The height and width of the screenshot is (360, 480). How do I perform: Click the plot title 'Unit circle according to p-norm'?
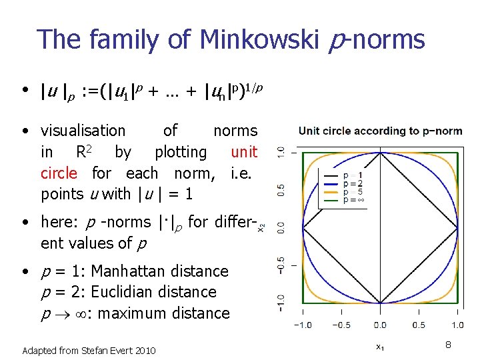pyautogui.click(x=380, y=131)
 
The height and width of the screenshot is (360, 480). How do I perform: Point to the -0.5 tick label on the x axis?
pyautogui.click(x=341, y=325)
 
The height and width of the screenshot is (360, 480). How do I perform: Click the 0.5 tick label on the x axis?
pyautogui.click(x=419, y=325)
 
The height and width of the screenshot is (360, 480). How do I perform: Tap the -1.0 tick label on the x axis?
pyautogui.click(x=302, y=325)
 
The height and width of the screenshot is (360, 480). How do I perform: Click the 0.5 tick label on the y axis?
pyautogui.click(x=281, y=191)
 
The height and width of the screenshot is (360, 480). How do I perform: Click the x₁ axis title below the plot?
pyautogui.click(x=379, y=346)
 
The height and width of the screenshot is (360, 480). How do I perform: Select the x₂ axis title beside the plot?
pyautogui.click(x=261, y=227)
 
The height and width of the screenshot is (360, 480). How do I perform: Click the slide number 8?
pyautogui.click(x=449, y=344)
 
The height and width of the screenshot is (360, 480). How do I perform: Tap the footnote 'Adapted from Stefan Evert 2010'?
pyautogui.click(x=89, y=350)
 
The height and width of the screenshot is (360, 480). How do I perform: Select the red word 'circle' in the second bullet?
pyautogui.click(x=59, y=173)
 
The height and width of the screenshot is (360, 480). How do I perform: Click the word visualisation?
pyautogui.click(x=83, y=131)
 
